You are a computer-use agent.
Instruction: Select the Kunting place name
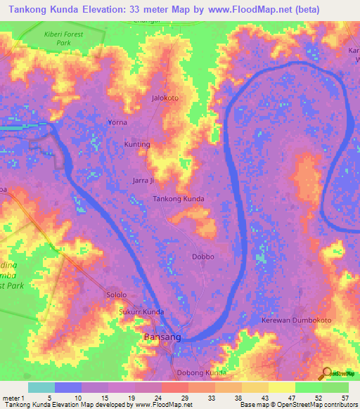click(137, 145)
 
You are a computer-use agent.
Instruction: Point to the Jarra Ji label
click(143, 181)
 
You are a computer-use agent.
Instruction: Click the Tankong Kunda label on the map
click(179, 199)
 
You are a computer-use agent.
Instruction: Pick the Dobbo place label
click(203, 257)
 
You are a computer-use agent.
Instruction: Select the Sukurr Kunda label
click(141, 311)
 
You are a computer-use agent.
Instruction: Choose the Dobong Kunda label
click(202, 372)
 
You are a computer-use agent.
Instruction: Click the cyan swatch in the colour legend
click(41, 387)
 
